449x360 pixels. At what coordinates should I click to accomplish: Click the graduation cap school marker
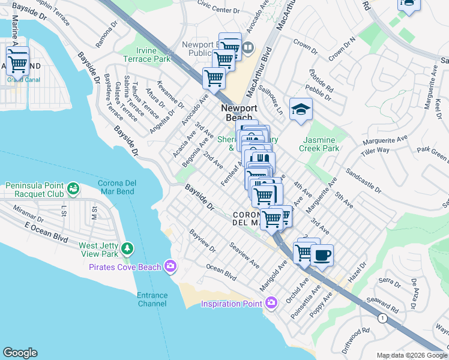(x=301, y=109)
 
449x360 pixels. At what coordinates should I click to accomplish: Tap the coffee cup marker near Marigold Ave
(x=322, y=256)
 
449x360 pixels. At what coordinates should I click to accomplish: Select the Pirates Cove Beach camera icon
(x=170, y=266)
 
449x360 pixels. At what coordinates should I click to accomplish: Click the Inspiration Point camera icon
(x=271, y=303)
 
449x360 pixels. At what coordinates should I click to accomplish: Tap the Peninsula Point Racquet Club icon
(x=73, y=190)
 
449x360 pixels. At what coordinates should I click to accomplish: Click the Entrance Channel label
(x=152, y=299)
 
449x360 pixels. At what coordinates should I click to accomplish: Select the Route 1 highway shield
(x=381, y=317)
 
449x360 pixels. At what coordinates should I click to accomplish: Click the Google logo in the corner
(x=20, y=353)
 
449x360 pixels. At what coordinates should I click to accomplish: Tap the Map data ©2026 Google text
(x=412, y=355)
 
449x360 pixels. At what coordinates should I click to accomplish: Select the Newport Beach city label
(x=239, y=113)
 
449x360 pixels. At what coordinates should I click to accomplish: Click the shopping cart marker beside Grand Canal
(x=18, y=61)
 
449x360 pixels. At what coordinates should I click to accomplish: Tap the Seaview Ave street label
(x=244, y=254)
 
